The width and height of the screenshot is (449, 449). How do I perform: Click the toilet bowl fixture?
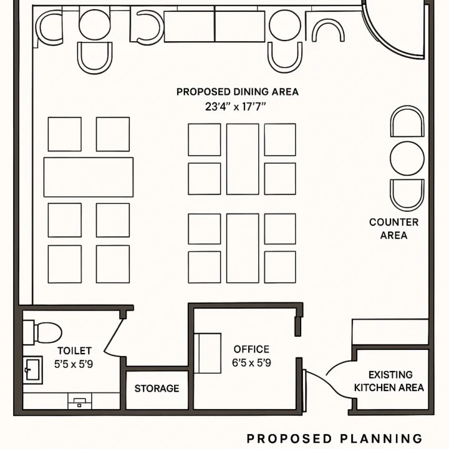pos(43,332)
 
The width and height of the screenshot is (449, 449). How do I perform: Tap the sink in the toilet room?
pos(32,370)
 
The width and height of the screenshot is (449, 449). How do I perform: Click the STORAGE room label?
pos(157,389)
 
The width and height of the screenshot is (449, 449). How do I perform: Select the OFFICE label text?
pos(251,349)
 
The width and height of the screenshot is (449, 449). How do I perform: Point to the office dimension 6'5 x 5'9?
pos(251,363)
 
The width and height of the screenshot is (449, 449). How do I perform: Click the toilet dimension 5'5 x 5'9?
pos(74,364)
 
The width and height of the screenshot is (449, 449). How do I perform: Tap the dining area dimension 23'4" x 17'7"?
pos(235,107)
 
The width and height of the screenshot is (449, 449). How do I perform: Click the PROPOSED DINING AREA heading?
pos(238,92)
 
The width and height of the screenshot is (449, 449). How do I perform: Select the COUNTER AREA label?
pos(393,228)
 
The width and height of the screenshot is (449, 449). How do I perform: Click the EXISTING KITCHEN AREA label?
pos(389,381)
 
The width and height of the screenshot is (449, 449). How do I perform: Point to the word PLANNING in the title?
pos(382,438)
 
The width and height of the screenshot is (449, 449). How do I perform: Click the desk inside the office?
pos(208,353)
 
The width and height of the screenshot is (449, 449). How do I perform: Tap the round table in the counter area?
pos(407,158)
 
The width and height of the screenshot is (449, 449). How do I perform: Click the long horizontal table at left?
pos(89,177)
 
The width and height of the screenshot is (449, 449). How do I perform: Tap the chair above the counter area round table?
pos(407,121)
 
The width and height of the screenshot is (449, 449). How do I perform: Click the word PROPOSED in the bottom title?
pos(289,438)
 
